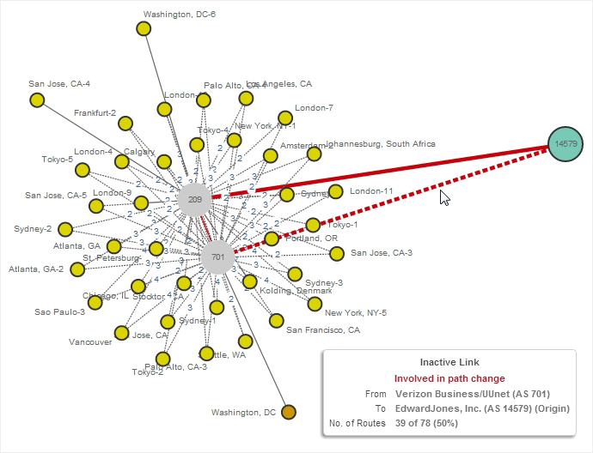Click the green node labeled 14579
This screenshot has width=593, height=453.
565,143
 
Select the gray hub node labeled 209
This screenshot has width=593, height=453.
195,199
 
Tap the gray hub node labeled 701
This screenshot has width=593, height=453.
217,257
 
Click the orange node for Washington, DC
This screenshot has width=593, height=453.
289,413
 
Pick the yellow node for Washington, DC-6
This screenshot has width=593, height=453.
144,29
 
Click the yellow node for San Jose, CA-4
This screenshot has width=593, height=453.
37,100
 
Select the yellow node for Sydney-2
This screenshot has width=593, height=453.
64,229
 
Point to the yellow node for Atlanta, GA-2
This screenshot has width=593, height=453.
77,269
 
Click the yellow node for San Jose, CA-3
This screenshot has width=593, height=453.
336,253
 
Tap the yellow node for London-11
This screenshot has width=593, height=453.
336,191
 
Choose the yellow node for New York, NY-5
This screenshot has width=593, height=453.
315,303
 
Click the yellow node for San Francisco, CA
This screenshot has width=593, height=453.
276,321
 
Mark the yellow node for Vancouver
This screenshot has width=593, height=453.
122,332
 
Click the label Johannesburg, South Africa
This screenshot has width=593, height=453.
384,144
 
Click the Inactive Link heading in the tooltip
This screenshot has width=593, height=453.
449,363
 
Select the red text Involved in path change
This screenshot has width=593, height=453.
449,378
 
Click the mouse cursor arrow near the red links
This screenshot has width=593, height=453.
443,197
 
